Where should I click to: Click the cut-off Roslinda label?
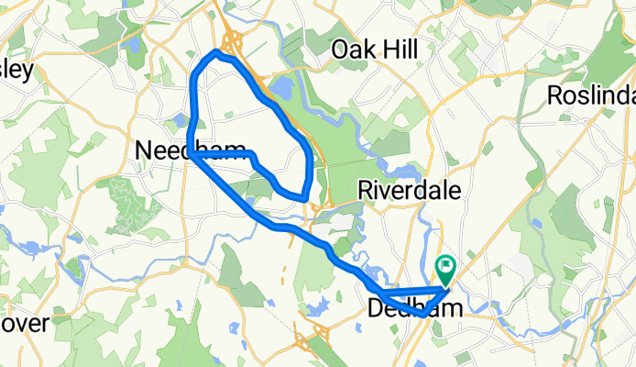(591, 95)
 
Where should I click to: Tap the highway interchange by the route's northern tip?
(232, 40)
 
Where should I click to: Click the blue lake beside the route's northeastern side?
(280, 90)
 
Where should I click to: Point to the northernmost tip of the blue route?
(217, 51)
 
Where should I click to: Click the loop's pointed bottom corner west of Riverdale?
(303, 196)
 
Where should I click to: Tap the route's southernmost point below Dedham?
(422, 314)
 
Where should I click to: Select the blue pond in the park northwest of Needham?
(134, 43)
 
